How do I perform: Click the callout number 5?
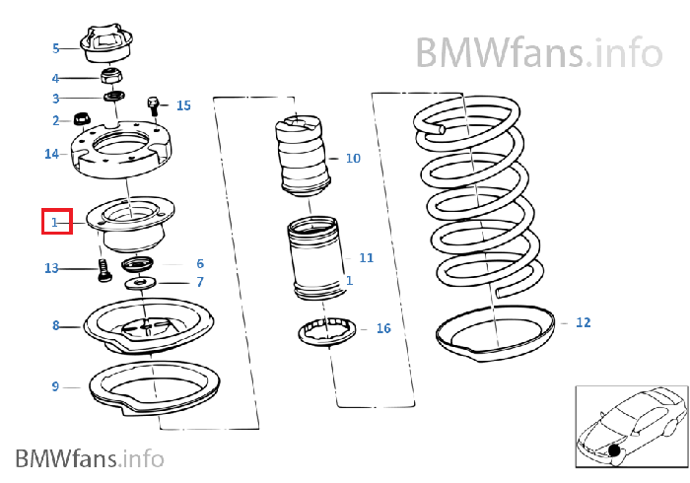pyautogui.click(x=56, y=47)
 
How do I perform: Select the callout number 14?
pyautogui.click(x=52, y=154)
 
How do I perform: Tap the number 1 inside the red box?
pyautogui.click(x=56, y=223)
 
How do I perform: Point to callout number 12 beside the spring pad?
pyautogui.click(x=584, y=322)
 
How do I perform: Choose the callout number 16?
pyautogui.click(x=383, y=328)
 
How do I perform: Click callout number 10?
pyautogui.click(x=353, y=158)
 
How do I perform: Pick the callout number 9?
pyautogui.click(x=56, y=386)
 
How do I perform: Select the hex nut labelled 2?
pyautogui.click(x=83, y=120)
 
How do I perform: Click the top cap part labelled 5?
pyautogui.click(x=104, y=45)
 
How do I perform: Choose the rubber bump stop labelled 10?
pyautogui.click(x=302, y=155)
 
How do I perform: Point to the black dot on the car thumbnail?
pyautogui.click(x=615, y=451)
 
